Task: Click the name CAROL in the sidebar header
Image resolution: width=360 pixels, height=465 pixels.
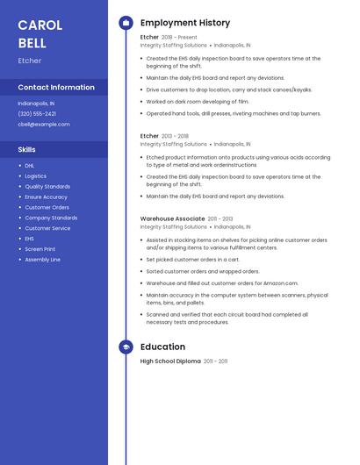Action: click(x=40, y=24)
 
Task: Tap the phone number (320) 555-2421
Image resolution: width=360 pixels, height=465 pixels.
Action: click(x=37, y=113)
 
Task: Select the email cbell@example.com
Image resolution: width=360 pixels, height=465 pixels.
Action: click(x=44, y=124)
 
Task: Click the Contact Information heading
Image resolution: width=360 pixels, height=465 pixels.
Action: click(x=56, y=87)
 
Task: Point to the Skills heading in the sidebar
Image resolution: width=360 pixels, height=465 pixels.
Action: click(x=27, y=149)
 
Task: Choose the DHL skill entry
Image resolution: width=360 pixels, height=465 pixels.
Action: click(x=30, y=165)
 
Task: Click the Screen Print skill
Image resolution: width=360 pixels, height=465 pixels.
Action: click(x=40, y=249)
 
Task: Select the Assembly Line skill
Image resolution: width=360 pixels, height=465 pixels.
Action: click(x=43, y=260)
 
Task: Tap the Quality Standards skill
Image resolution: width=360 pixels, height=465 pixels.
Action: click(x=47, y=186)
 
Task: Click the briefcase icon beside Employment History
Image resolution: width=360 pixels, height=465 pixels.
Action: click(x=126, y=23)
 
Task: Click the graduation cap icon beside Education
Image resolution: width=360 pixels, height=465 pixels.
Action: click(x=126, y=347)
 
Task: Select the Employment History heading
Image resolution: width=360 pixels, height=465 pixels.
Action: click(x=185, y=23)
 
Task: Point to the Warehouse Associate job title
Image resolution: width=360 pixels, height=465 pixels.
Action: click(x=172, y=218)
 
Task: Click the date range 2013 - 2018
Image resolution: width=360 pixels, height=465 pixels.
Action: click(x=176, y=136)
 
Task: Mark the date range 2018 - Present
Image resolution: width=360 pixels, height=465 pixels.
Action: click(x=180, y=37)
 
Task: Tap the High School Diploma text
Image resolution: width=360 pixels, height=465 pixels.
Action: click(x=170, y=361)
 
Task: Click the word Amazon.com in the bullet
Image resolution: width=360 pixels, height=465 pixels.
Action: click(x=279, y=283)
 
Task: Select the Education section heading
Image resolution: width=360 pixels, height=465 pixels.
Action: click(x=162, y=347)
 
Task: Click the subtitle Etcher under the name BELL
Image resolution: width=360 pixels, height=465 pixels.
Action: click(x=30, y=61)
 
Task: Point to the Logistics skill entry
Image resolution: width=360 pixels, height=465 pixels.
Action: click(x=36, y=175)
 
